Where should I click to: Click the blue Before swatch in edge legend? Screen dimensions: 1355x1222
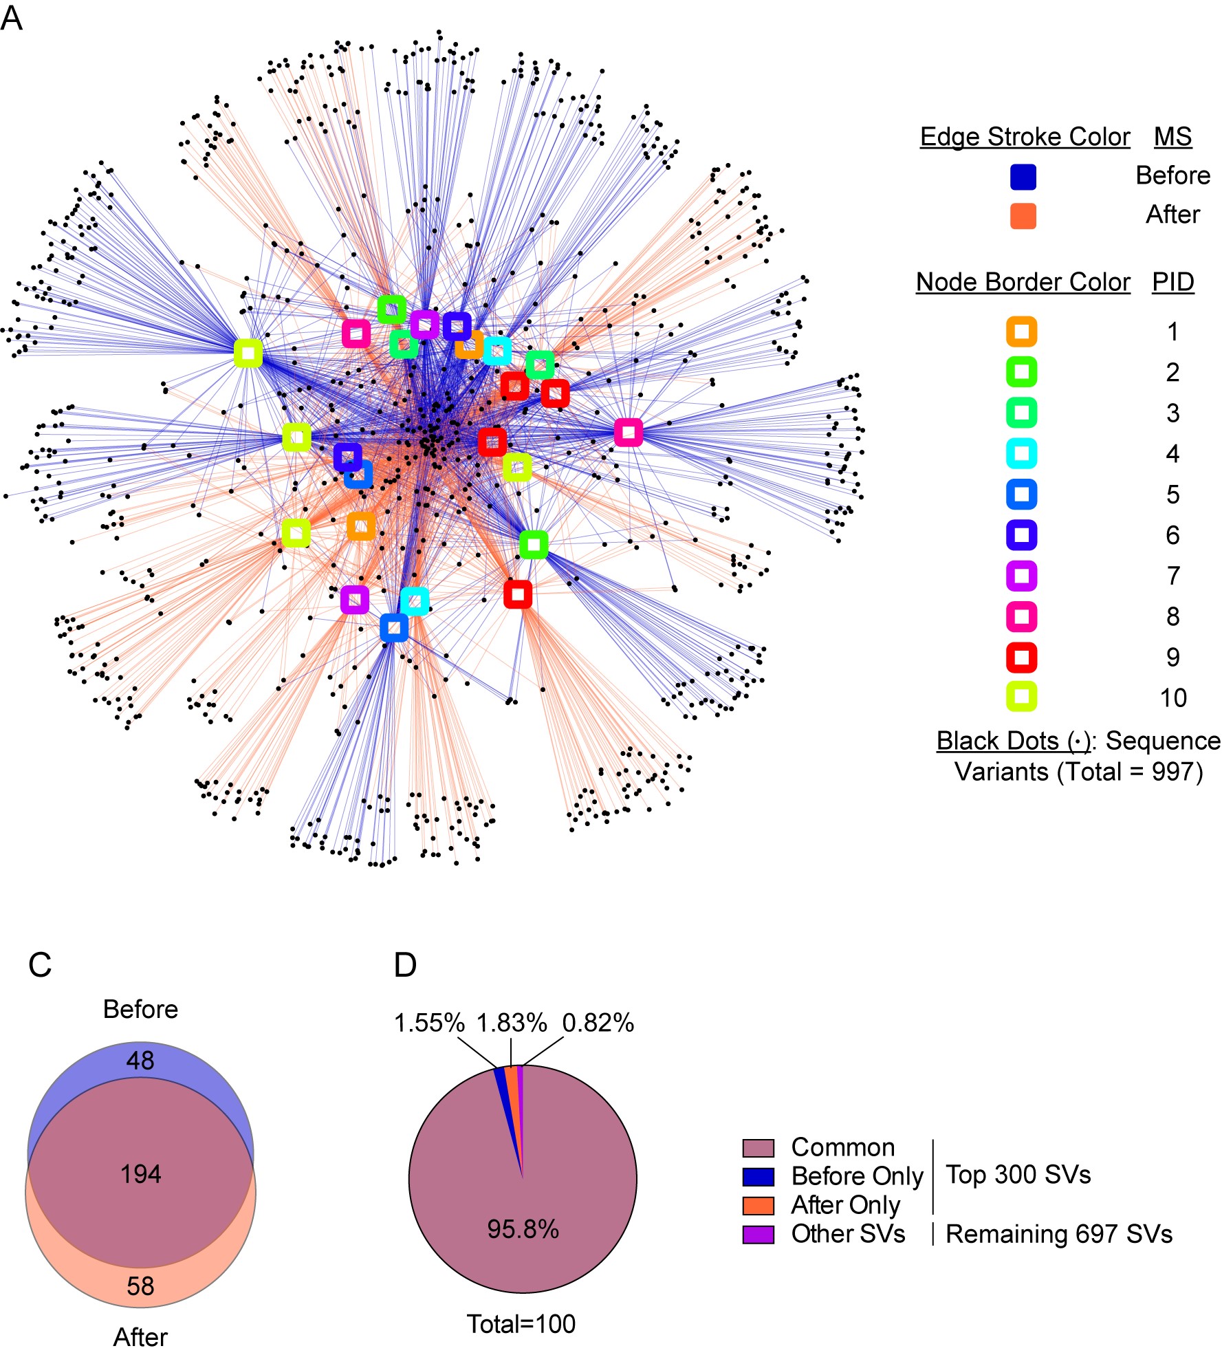(1023, 177)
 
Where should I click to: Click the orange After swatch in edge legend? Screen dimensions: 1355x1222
(1023, 216)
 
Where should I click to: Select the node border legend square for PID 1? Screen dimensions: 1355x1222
(1021, 332)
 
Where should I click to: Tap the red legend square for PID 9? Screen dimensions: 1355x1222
(1021, 658)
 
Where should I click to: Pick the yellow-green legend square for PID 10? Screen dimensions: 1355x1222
(1021, 697)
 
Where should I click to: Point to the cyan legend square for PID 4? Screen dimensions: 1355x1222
(1021, 454)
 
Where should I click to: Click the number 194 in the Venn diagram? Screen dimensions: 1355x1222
(141, 1174)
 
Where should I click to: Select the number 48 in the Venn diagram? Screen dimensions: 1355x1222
(140, 1061)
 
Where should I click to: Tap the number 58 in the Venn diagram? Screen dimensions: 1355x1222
(140, 1286)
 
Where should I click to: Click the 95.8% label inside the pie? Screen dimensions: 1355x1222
(523, 1229)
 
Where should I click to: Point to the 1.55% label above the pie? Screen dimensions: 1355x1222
(429, 1023)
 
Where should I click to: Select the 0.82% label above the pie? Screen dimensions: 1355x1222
(598, 1023)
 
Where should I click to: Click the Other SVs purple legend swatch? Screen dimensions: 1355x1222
(758, 1235)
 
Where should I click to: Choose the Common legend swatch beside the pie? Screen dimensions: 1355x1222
(758, 1148)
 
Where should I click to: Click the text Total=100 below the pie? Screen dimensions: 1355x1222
(521, 1324)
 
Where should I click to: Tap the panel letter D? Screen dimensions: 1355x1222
(405, 965)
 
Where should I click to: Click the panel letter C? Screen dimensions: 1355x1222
(40, 965)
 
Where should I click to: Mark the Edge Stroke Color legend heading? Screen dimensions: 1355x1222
(1025, 137)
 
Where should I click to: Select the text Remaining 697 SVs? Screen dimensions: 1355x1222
(1059, 1234)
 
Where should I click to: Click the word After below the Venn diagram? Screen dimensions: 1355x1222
(140, 1337)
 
